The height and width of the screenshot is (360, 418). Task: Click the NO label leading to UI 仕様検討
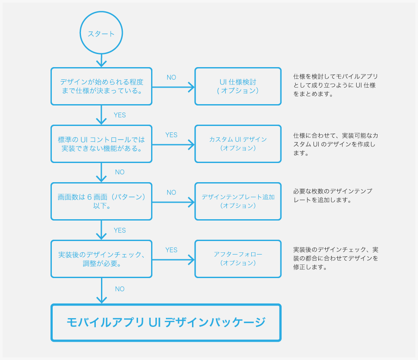tap(172, 78)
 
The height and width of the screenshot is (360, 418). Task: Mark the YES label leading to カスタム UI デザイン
tap(172, 135)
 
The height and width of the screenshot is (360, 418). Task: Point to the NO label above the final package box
tap(120, 289)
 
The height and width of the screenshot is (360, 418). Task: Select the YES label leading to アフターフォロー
tap(172, 250)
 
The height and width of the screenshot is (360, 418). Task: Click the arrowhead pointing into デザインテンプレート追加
tap(192, 202)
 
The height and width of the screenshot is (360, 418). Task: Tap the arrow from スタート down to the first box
tap(101, 61)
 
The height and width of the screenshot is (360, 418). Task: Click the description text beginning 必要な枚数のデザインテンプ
tap(333, 196)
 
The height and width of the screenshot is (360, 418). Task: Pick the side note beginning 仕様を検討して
tap(336, 85)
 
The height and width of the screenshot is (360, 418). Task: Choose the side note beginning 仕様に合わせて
tap(336, 144)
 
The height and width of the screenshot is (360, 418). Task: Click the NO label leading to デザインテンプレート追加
tap(172, 192)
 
